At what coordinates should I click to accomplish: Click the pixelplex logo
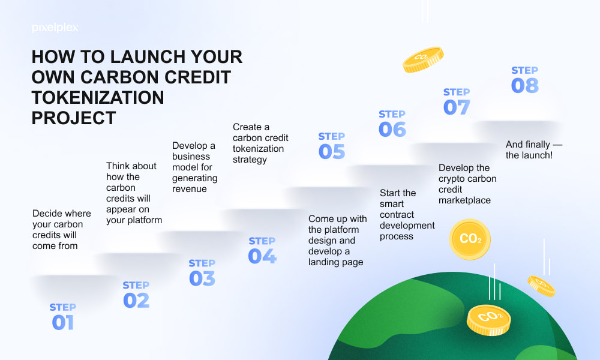pos(55,28)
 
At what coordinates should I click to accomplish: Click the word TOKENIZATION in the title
pos(98,98)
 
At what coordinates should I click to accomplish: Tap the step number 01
pos(63,323)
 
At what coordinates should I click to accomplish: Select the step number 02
pos(136,301)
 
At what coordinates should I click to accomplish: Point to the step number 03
pos(202,278)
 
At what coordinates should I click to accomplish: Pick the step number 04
pos(262,256)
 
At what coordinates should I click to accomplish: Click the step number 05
pos(332,151)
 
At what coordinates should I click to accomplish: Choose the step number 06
pos(392,130)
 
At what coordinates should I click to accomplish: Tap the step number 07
pos(457,107)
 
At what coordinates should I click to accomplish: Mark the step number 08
pos(525,85)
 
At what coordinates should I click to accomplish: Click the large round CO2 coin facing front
pos(470,239)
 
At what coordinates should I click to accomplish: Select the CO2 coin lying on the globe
pos(488,320)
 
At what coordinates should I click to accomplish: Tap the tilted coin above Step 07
pos(423,59)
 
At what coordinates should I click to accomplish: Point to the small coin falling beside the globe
pos(541,286)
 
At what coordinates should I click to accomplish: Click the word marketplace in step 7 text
pos(464,200)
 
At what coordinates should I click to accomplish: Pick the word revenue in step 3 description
pos(190,189)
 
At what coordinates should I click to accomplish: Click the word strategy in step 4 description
pos(250,160)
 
